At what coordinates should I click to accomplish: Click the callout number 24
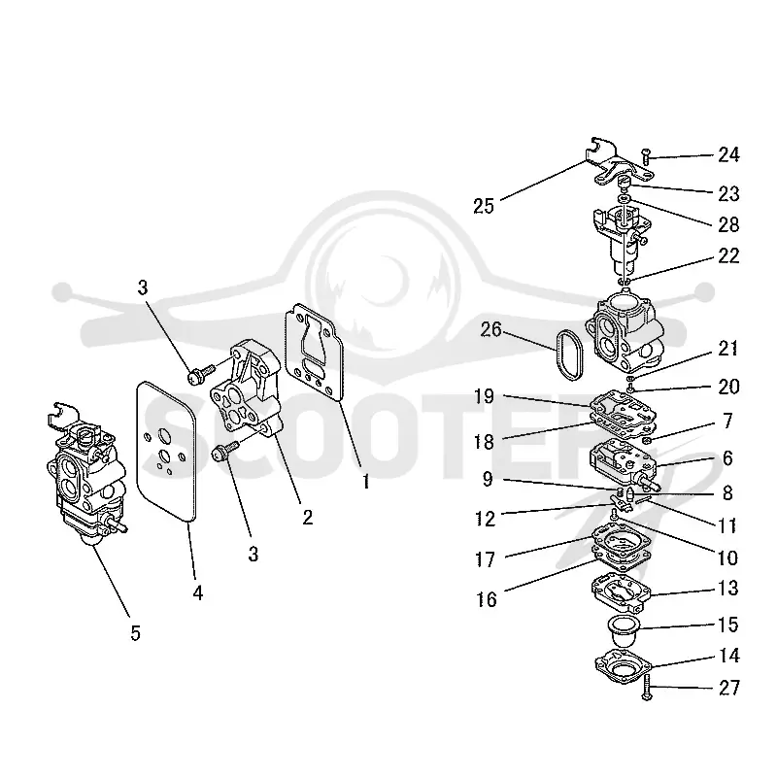[x=729, y=155]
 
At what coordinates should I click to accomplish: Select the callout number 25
[x=484, y=206]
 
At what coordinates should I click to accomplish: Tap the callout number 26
[x=491, y=329]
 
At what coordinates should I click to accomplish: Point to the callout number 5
[x=135, y=633]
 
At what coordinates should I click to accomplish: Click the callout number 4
[x=198, y=592]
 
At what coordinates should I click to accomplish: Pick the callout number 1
[x=366, y=481]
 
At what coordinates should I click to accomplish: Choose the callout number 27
[x=729, y=688]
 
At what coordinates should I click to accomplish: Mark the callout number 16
[x=487, y=599]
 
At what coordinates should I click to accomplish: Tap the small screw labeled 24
[x=645, y=156]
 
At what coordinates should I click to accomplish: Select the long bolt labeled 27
[x=646, y=690]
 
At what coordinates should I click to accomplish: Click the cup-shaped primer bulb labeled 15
[x=623, y=631]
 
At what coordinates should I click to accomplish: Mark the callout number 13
[x=727, y=589]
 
